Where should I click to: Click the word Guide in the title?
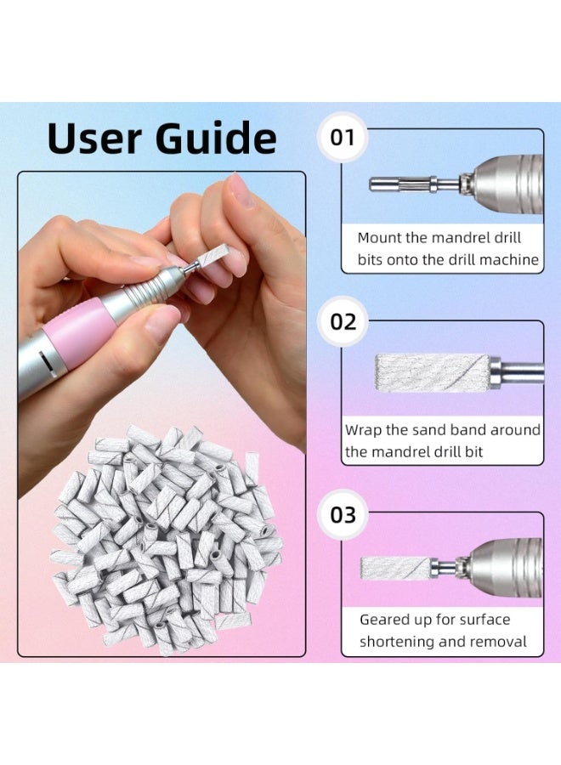click(217, 138)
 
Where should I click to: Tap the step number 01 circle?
click(342, 137)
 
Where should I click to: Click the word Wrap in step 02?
click(363, 430)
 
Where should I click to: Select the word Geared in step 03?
click(386, 620)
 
